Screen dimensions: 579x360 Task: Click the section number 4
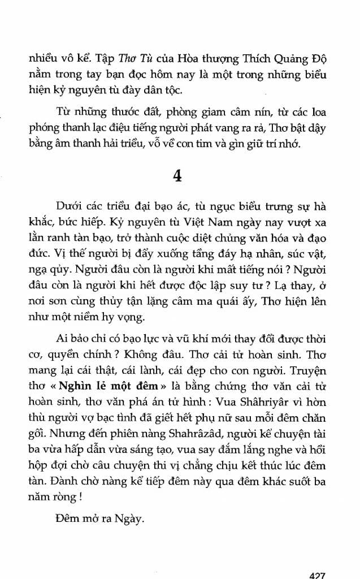177,176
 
